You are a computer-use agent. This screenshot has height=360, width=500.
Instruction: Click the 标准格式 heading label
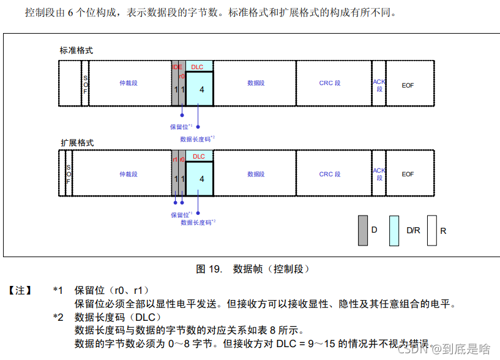click(x=76, y=50)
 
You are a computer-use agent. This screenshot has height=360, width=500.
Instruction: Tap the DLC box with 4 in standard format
click(x=200, y=89)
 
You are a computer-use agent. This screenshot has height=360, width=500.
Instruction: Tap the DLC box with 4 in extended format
click(x=200, y=179)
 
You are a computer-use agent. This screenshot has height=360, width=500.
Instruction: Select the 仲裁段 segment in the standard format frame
click(x=129, y=83)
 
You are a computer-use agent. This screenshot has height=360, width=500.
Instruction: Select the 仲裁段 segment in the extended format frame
click(x=129, y=174)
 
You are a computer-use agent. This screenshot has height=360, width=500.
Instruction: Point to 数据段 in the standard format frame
click(x=256, y=83)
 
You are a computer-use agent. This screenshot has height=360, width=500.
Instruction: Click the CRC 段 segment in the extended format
click(x=330, y=174)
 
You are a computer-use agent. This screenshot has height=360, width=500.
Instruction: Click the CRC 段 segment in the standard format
click(x=330, y=83)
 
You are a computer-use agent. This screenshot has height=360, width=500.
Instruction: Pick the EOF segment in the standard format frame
click(x=408, y=85)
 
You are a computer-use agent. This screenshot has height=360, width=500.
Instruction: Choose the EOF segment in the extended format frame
click(x=408, y=174)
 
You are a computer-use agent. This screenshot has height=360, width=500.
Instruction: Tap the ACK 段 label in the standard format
click(x=379, y=85)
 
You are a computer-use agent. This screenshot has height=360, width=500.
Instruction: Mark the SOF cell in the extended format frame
click(x=69, y=174)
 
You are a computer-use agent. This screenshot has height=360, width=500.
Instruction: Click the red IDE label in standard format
click(x=177, y=67)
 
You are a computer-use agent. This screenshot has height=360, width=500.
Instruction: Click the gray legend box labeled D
click(x=363, y=230)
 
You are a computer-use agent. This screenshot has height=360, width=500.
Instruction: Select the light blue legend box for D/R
click(x=395, y=230)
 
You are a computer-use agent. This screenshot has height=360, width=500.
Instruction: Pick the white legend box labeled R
click(x=431, y=230)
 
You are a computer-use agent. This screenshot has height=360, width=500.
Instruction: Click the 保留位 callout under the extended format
click(x=181, y=215)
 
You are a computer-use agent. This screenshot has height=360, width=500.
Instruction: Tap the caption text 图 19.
click(x=208, y=269)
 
